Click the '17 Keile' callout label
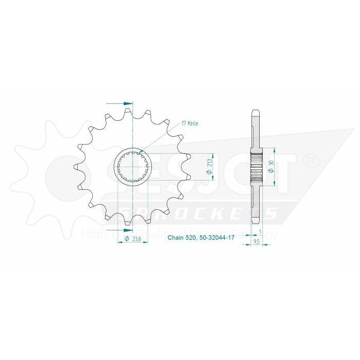(189, 124)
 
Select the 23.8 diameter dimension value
(136, 239)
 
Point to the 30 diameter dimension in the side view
(270, 166)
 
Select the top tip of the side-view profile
(256, 110)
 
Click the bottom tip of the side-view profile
(256, 222)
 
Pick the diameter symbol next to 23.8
(127, 239)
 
